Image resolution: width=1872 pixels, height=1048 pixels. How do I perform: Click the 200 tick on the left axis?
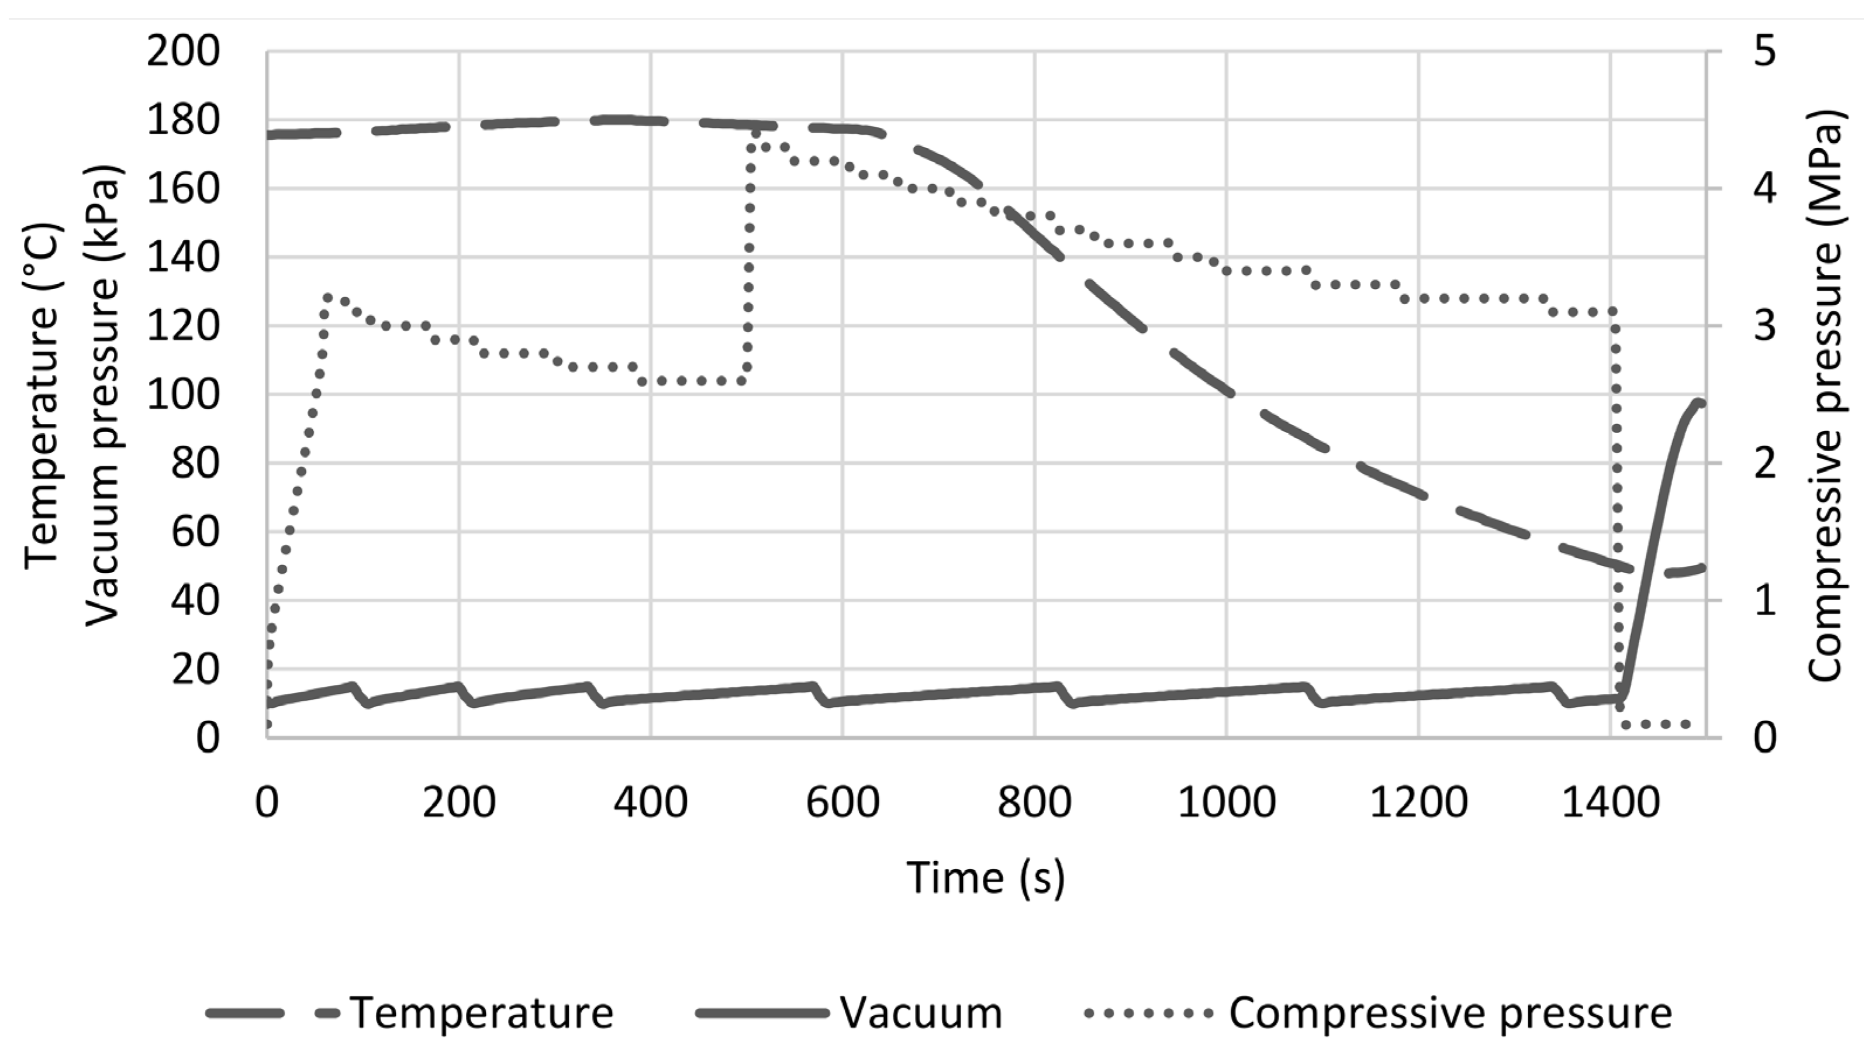183,52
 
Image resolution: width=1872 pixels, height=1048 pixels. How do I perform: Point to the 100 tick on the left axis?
183,395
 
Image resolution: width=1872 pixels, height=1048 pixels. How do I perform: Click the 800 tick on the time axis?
1034,804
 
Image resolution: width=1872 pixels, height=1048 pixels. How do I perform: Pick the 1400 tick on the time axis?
1609,804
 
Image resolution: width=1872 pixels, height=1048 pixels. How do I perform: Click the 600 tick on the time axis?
842,804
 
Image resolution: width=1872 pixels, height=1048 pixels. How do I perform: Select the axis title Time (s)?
986,878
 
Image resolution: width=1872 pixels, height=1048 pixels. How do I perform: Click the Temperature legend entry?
481,1012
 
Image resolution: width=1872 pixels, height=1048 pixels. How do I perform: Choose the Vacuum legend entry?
921,1012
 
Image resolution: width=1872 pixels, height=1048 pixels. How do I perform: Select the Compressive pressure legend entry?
1450,1012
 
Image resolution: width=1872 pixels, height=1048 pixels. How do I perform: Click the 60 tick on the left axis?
195,533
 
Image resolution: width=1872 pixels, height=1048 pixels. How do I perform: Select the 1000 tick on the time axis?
1226,804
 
